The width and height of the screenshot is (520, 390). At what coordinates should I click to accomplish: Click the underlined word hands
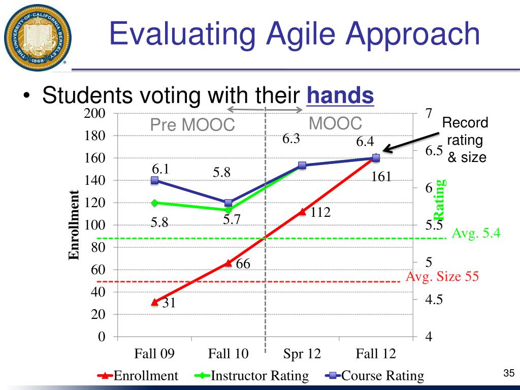(x=340, y=95)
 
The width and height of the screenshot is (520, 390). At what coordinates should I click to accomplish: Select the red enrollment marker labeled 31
(x=154, y=302)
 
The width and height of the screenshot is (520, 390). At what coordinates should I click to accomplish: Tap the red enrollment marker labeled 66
(x=228, y=263)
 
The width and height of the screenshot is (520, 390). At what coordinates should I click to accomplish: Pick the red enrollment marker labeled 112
(x=302, y=212)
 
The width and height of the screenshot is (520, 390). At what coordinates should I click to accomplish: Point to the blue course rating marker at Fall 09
(x=154, y=180)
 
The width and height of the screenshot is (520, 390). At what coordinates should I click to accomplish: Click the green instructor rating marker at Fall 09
(x=154, y=203)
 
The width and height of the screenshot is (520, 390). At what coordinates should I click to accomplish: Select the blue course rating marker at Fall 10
(x=228, y=203)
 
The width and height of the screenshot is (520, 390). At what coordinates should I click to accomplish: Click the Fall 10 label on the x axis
(x=228, y=354)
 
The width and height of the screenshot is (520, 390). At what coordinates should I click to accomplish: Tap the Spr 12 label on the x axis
(x=302, y=354)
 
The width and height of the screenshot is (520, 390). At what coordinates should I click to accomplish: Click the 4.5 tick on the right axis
(x=434, y=300)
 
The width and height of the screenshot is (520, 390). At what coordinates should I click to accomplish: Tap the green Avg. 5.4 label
(x=476, y=234)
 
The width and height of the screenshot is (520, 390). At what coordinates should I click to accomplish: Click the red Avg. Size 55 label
(x=442, y=277)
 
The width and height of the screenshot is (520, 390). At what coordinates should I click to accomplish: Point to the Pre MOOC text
(x=192, y=125)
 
